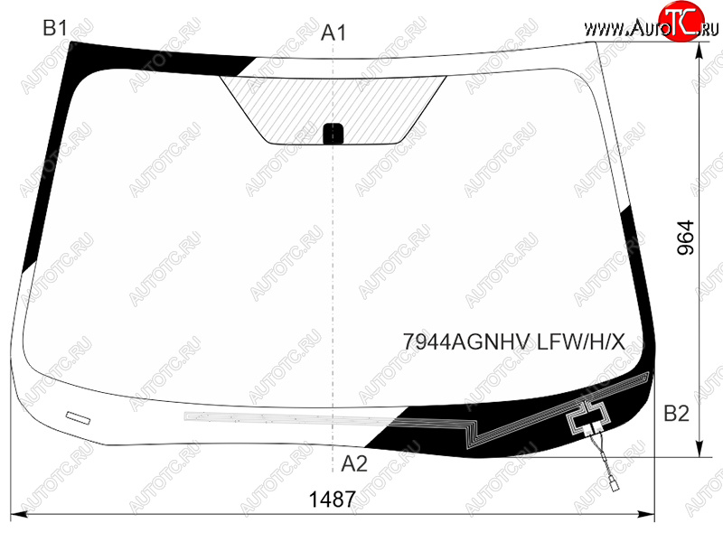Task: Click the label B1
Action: tap(55, 28)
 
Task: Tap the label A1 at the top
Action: tap(333, 33)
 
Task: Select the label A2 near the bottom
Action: tap(354, 464)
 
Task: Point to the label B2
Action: tap(676, 414)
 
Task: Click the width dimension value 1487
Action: tap(332, 500)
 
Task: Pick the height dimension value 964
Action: tap(686, 238)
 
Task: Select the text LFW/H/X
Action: tap(581, 342)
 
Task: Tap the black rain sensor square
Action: tap(333, 134)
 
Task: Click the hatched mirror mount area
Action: tap(333, 109)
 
